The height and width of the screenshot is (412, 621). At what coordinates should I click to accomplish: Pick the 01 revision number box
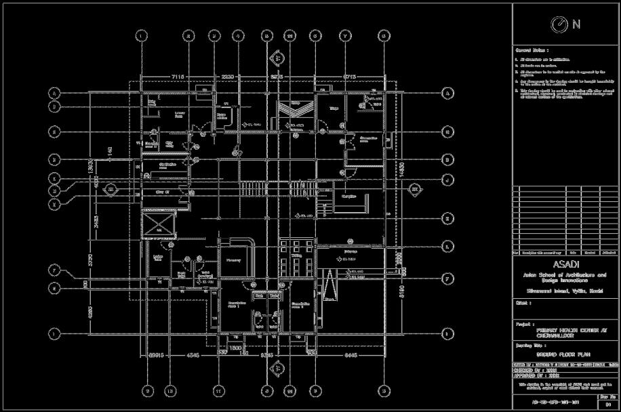(x=608, y=404)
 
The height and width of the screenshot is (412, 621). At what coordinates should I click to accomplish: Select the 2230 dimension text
(x=227, y=76)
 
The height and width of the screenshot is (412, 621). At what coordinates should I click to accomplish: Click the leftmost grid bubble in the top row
(x=141, y=35)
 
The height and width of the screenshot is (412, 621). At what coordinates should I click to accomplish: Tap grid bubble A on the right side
(x=447, y=93)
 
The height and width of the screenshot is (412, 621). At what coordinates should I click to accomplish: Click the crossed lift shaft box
(x=157, y=224)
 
